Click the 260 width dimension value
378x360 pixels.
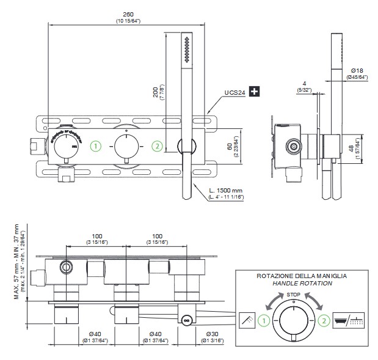pyautogui.click(x=128, y=13)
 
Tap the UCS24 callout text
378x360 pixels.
pyautogui.click(x=234, y=93)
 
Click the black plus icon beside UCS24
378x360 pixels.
pyautogui.click(x=255, y=92)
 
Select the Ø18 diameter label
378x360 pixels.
pyautogui.click(x=357, y=71)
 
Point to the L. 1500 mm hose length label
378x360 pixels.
pyautogui.click(x=225, y=191)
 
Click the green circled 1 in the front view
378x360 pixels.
pyautogui.click(x=95, y=146)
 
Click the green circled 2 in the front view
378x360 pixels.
pyautogui.click(x=158, y=146)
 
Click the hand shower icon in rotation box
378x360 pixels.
pyautogui.click(x=247, y=319)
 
